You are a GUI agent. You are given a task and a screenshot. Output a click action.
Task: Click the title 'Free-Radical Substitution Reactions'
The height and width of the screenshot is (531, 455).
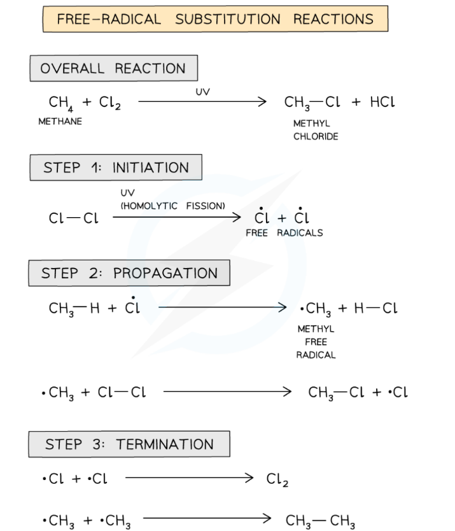215,19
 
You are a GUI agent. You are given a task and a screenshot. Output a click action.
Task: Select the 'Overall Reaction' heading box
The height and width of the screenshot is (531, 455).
113,69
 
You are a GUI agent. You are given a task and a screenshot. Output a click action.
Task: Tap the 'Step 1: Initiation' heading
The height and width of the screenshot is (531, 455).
116,168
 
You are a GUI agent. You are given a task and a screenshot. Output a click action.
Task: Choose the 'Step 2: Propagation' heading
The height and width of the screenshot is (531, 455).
129,273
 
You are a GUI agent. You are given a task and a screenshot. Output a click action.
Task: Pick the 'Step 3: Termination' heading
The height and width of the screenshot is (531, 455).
129,444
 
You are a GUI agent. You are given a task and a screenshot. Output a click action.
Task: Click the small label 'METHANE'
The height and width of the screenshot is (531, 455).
60,122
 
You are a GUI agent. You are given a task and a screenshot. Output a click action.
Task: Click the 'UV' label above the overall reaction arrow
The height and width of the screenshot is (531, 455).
202,92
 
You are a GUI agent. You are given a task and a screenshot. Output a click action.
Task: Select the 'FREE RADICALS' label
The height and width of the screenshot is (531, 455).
284,233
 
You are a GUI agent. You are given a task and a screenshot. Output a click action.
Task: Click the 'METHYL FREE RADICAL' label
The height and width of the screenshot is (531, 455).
315,342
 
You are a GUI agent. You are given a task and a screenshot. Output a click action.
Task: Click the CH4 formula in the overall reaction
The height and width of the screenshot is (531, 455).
60,103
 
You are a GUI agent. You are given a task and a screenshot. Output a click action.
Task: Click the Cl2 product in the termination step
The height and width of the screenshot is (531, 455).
278,479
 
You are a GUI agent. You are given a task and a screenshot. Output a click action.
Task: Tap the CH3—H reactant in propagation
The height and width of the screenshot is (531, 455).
71,308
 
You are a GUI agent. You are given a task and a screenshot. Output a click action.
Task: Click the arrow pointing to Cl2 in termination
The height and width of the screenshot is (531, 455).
189,479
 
